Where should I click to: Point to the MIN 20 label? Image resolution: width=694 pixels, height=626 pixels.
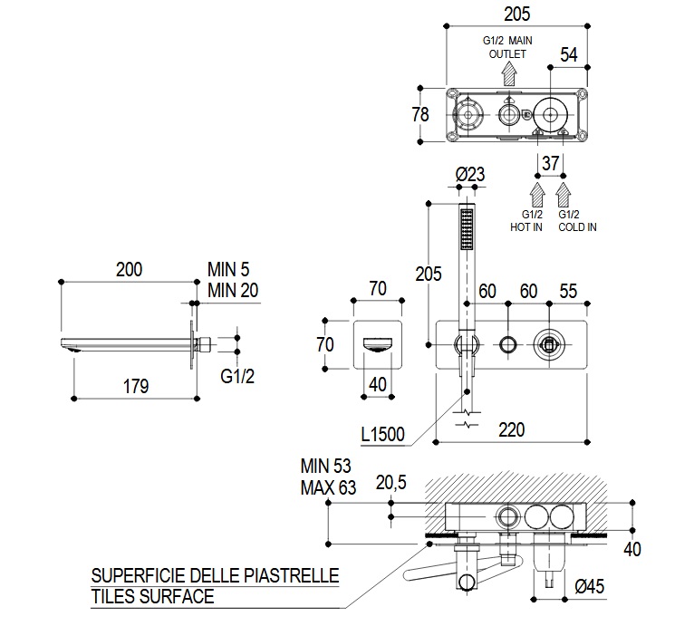click(x=232, y=289)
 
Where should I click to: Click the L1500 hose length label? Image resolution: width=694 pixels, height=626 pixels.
click(x=382, y=435)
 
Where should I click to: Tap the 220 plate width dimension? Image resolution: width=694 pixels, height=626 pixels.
click(x=511, y=429)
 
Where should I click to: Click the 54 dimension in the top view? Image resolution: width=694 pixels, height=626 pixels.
click(x=569, y=53)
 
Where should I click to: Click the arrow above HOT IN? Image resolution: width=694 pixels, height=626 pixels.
click(x=535, y=193)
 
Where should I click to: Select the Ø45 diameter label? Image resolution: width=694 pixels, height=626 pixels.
click(x=590, y=586)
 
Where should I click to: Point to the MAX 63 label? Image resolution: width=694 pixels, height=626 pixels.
click(x=328, y=487)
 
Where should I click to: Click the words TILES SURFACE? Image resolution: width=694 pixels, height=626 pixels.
click(x=152, y=596)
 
